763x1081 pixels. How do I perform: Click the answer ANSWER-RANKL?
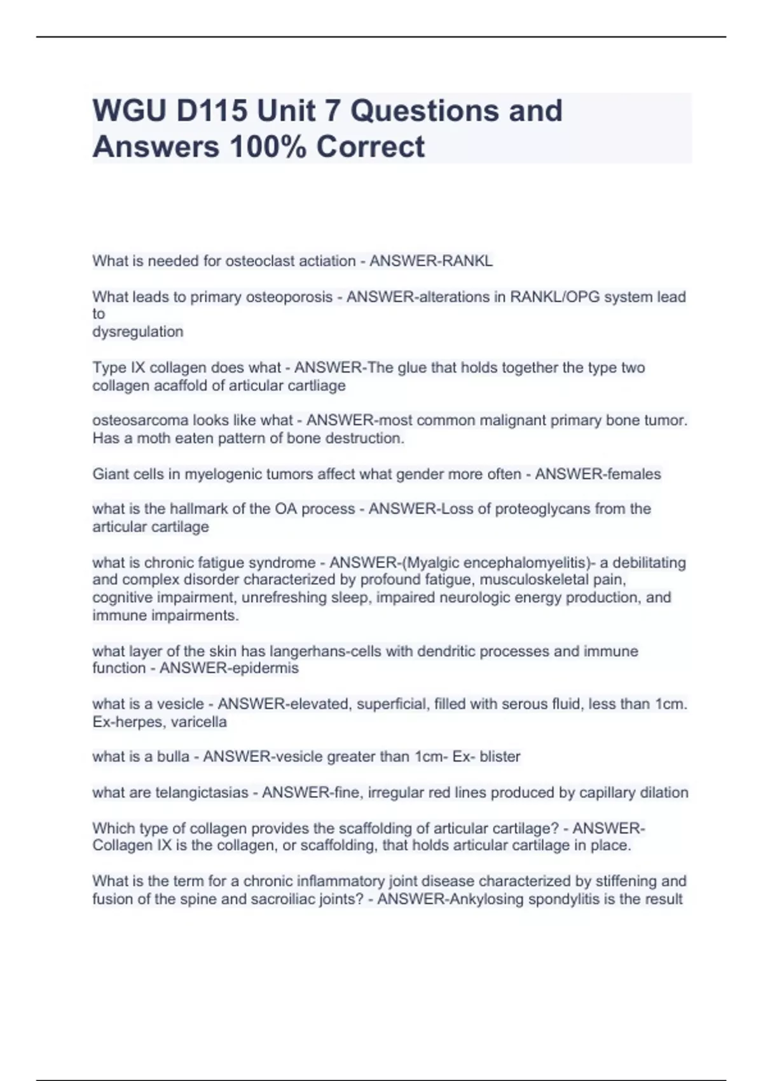click(431, 261)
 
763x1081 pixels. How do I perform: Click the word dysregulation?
click(137, 331)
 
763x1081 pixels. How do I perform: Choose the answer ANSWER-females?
click(598, 474)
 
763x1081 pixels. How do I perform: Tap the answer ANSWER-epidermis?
click(229, 668)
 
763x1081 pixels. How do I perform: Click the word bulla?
click(174, 757)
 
